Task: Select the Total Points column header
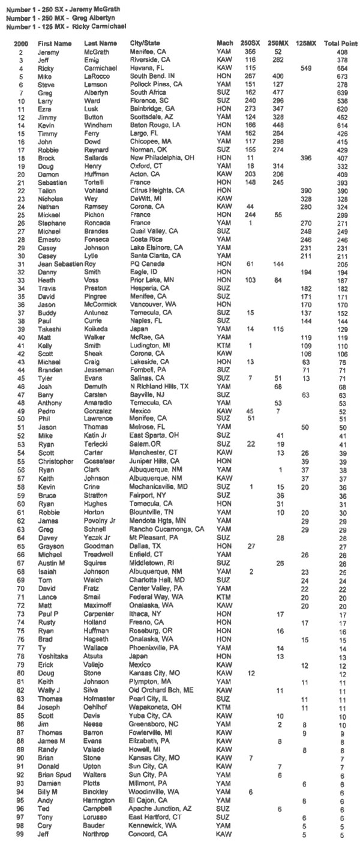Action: click(x=340, y=44)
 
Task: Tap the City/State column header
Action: click(x=145, y=44)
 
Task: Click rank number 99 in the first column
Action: click(x=20, y=834)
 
